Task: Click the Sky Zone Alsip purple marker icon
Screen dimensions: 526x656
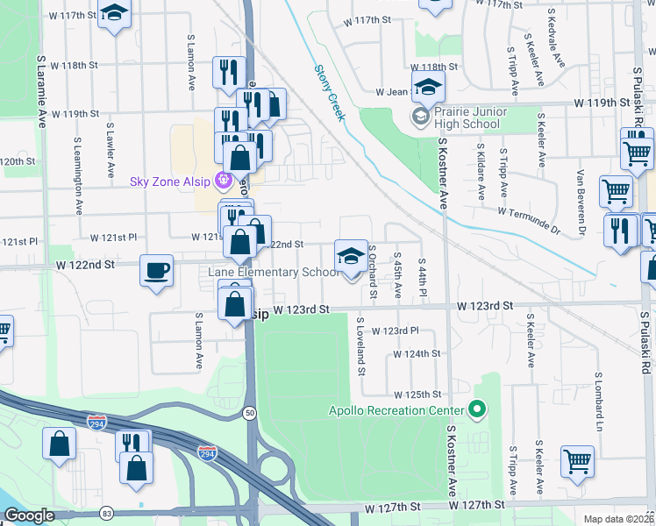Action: (x=224, y=181)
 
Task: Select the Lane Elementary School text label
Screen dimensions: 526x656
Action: (x=273, y=272)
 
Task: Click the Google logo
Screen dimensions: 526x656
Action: (x=29, y=515)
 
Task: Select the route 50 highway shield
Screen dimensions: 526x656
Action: (x=251, y=414)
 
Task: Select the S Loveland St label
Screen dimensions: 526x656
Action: (x=360, y=346)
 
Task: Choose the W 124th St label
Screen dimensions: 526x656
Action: (x=416, y=354)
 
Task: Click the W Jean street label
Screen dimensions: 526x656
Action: (x=392, y=91)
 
